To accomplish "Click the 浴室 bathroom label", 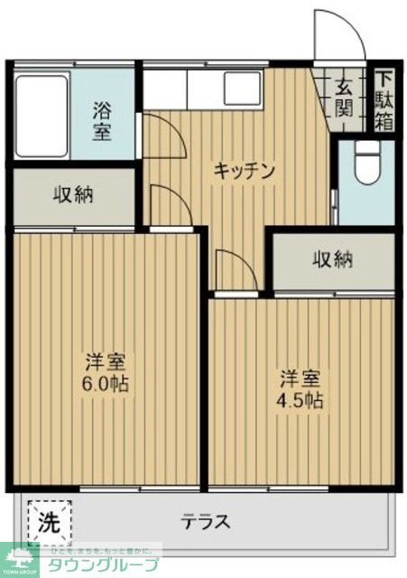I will pyautogui.click(x=102, y=120).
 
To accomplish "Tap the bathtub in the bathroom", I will pyautogui.click(x=42, y=117).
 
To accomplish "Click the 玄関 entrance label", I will pyautogui.click(x=345, y=98).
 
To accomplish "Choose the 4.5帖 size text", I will pyautogui.click(x=301, y=399).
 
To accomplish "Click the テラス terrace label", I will pyautogui.click(x=206, y=522).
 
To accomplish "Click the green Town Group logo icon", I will pyautogui.click(x=20, y=561).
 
